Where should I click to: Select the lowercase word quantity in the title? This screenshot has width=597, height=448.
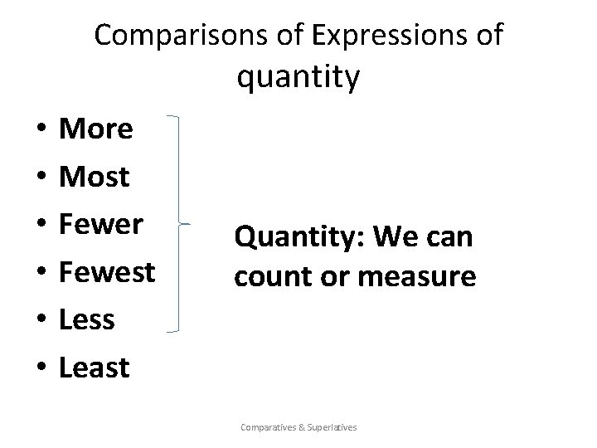(x=298, y=77)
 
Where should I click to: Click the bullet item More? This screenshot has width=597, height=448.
(x=97, y=129)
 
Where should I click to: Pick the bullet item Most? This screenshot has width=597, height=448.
(x=95, y=177)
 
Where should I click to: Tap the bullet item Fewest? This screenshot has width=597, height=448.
(x=108, y=271)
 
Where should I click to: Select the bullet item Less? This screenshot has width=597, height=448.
(x=87, y=319)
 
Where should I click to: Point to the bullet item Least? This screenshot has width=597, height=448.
(x=95, y=366)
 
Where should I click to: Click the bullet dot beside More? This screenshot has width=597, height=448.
(x=40, y=130)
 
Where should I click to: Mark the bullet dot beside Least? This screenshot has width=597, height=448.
(x=40, y=367)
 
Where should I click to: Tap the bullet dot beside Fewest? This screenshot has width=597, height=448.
(x=40, y=272)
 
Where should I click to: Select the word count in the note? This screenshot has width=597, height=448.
(x=267, y=276)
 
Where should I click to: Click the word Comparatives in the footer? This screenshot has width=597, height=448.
(x=268, y=427)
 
